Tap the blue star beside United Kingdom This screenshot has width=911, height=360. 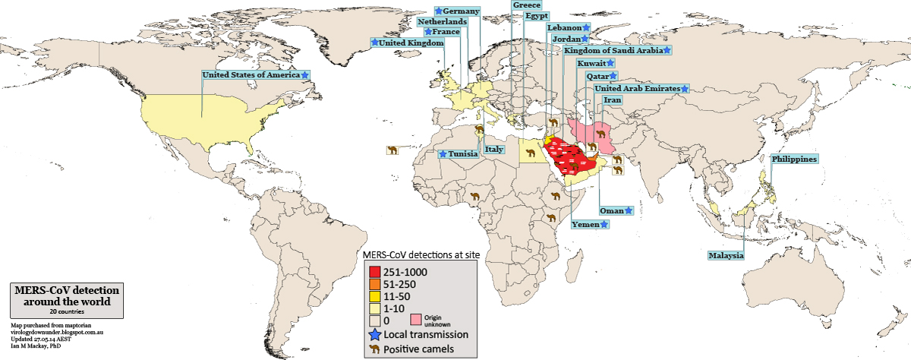point(374,43)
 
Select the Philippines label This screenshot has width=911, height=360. point(794,159)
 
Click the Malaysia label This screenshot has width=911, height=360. point(726,255)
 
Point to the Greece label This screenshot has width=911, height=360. point(526,5)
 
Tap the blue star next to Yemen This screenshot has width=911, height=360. point(604,224)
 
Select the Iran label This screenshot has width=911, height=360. point(612,100)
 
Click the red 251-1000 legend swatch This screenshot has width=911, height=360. point(374,271)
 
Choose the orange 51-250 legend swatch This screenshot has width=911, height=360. point(374,283)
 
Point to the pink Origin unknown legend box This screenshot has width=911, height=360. point(416,320)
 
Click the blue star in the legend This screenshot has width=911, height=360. point(374,334)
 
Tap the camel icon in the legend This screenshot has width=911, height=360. point(374,349)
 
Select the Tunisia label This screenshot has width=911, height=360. point(463,153)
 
